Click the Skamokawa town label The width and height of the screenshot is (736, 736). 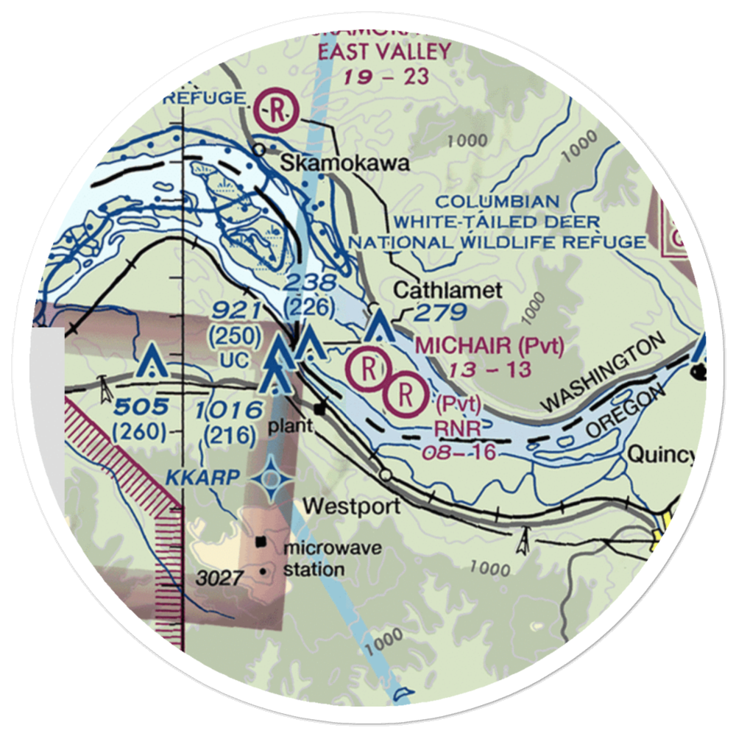point(345,165)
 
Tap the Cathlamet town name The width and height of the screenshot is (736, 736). point(447,291)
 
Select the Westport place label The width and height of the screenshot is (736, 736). point(352,506)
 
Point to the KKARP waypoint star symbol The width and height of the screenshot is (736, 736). point(272,479)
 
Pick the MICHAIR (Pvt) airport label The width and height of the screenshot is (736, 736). point(489,345)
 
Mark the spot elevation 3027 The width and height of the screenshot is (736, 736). point(219,578)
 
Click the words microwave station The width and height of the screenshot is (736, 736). point(314,558)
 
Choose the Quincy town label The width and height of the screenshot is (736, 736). point(660,456)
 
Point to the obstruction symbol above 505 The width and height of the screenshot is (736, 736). point(152,361)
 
